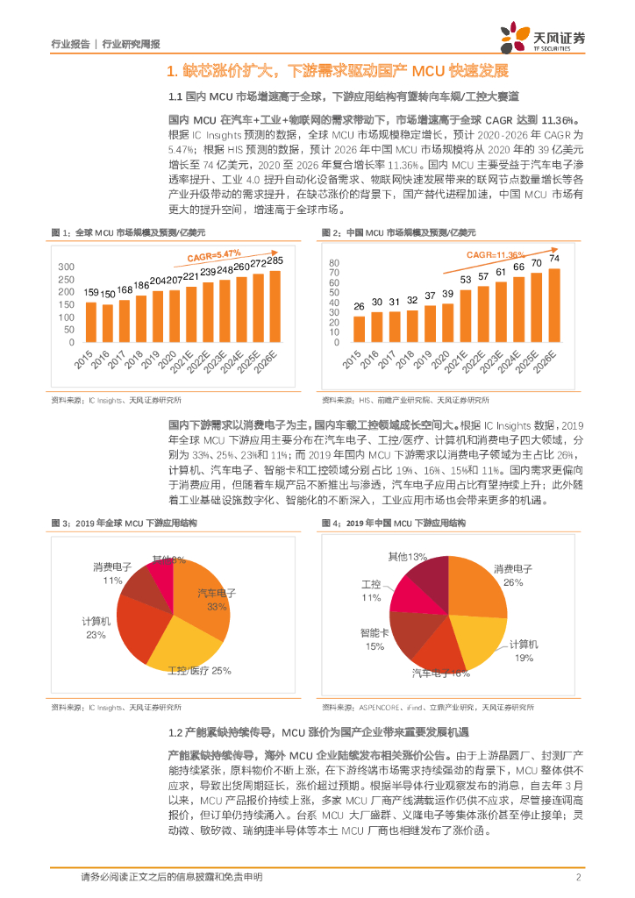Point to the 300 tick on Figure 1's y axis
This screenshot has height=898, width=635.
tap(67, 267)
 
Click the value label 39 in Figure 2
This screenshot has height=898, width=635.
tap(448, 293)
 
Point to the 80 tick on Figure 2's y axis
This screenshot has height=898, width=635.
tap(333, 263)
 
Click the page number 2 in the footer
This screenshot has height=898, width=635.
tap(579, 877)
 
